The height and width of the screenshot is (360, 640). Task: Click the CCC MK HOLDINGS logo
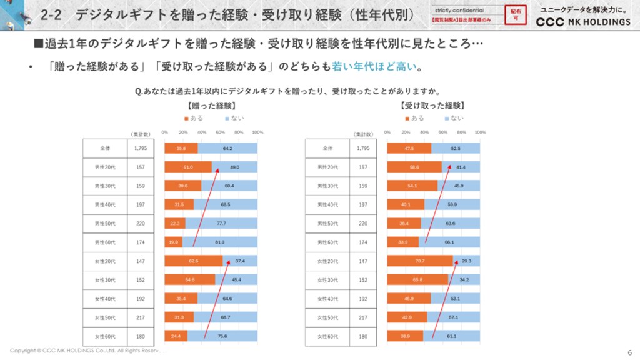pos(584,22)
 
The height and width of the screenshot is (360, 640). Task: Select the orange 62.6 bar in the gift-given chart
pos(193,261)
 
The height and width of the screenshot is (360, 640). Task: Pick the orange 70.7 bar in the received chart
pos(419,261)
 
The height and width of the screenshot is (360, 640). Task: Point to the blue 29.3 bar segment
pos(466,261)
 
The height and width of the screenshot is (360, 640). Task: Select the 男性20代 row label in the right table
pos(327,167)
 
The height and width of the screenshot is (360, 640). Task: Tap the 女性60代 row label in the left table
pos(105,336)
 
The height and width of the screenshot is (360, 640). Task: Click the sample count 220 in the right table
pos(362,223)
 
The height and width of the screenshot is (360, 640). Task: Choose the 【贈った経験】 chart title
pos(211,106)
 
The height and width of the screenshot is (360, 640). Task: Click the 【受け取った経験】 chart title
pos(433,106)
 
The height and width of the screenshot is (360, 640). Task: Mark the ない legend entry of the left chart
pos(234,118)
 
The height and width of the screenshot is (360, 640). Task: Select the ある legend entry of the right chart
pos(414,118)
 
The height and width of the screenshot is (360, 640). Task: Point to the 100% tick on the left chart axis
pos(257,132)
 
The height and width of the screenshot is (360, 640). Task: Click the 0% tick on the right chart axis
pos(387,132)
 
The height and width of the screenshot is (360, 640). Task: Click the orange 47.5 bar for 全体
pos(409,148)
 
